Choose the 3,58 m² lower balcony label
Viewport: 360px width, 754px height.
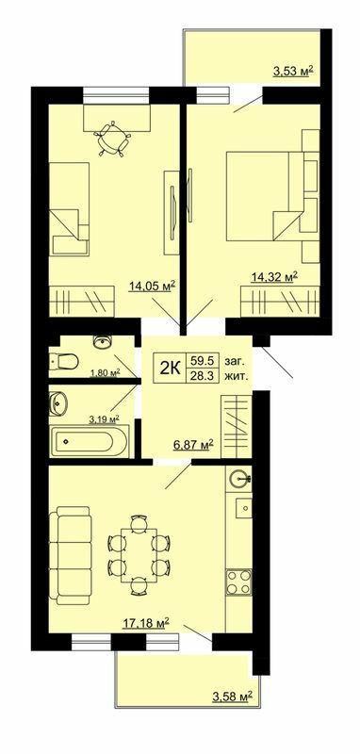232,697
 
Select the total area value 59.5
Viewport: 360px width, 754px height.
201,359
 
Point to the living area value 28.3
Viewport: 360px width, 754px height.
201,375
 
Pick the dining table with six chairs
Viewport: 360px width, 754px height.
138,553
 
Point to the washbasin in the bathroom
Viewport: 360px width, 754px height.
59,403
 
